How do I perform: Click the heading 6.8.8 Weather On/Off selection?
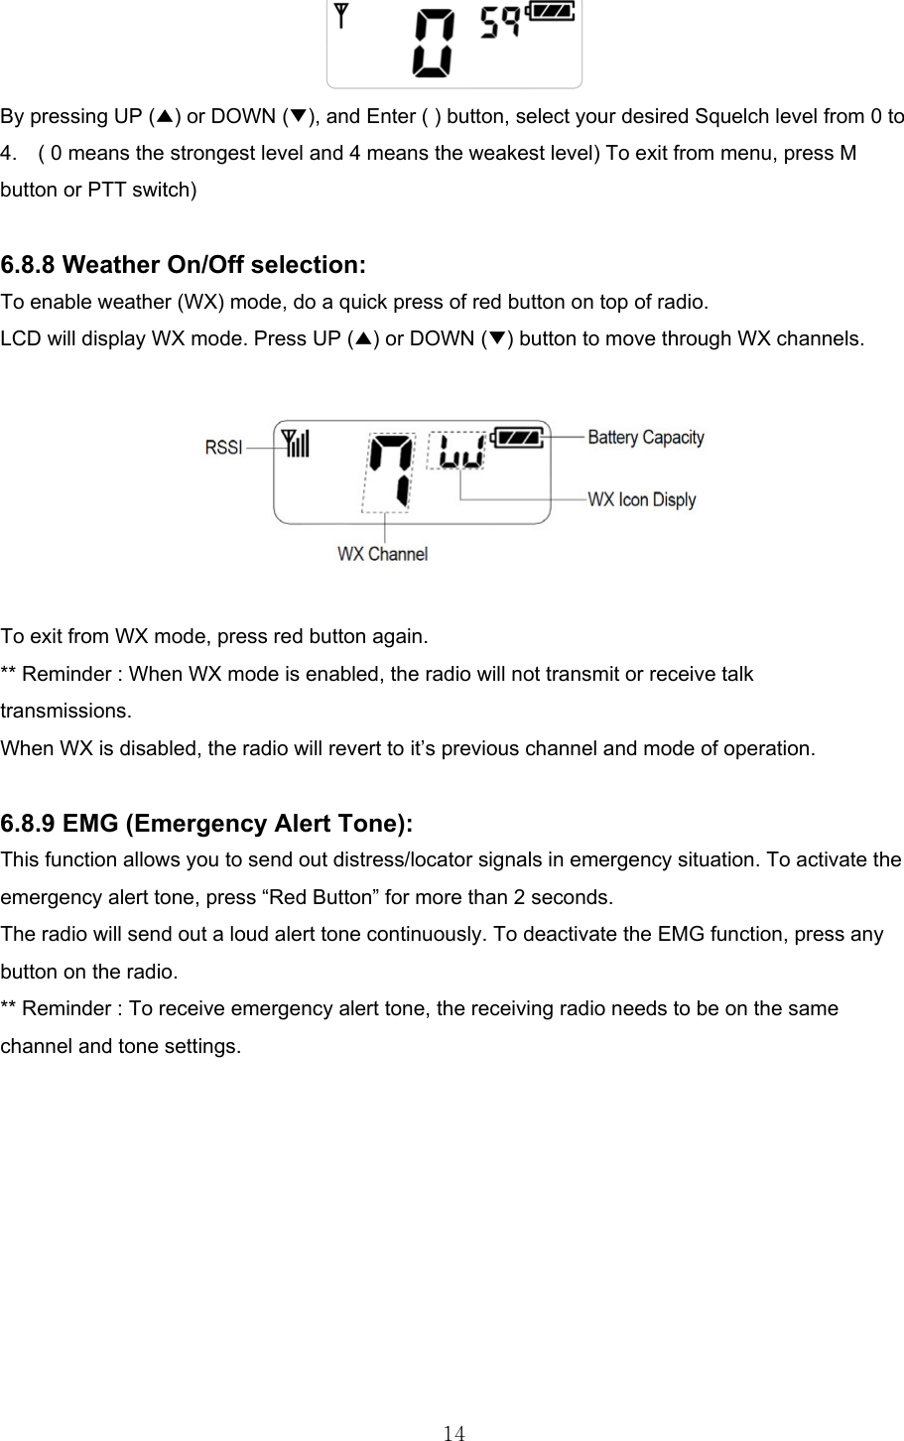[184, 265]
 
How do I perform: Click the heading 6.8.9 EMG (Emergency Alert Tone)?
[207, 824]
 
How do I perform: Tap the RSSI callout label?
[223, 448]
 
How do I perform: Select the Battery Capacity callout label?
[646, 437]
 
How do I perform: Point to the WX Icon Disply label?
[642, 500]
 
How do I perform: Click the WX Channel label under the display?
[382, 554]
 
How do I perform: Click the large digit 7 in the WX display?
[388, 470]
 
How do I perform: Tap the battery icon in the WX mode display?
[519, 437]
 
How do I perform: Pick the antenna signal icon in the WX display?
[297, 443]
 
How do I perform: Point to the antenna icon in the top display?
[342, 16]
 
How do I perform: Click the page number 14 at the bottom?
[453, 1432]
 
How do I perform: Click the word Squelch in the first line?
[729, 116]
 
